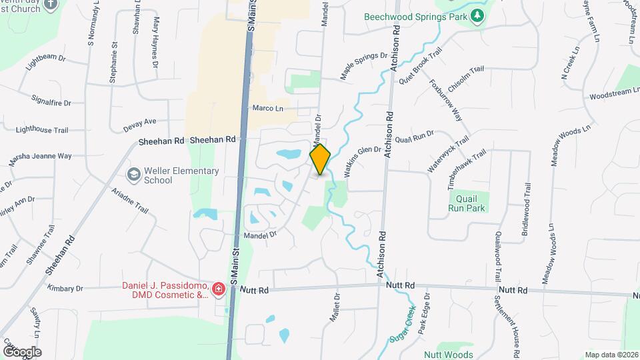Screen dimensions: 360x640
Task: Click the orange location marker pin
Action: pos(321,159)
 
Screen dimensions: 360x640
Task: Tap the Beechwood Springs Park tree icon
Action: pos(477,16)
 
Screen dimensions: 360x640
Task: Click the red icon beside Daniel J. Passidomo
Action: pos(218,289)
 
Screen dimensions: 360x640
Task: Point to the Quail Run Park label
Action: pos(467,203)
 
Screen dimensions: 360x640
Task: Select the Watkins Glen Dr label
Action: pos(363,161)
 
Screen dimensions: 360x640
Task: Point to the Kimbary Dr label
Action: pos(65,289)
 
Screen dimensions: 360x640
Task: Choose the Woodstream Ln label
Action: pos(614,95)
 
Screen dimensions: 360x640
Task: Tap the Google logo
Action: pos(22,351)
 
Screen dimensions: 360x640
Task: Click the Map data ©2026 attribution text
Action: pos(611,355)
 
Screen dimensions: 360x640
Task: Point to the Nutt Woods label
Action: pos(448,355)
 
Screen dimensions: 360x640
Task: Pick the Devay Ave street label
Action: pos(139,124)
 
